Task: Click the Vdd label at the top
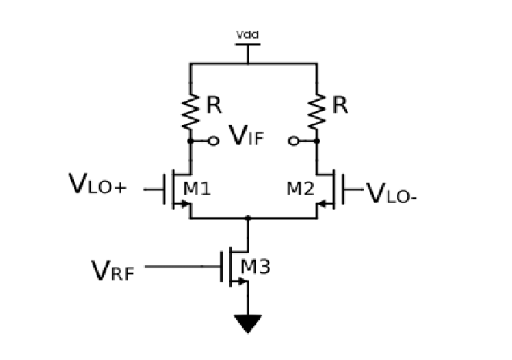(x=247, y=35)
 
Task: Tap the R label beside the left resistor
(x=213, y=106)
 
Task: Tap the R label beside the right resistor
(x=339, y=106)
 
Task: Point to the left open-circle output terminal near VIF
(x=214, y=142)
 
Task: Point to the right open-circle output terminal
(x=293, y=142)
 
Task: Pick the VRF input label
(x=112, y=269)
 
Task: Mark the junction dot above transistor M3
(x=248, y=219)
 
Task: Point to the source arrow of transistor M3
(x=242, y=281)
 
